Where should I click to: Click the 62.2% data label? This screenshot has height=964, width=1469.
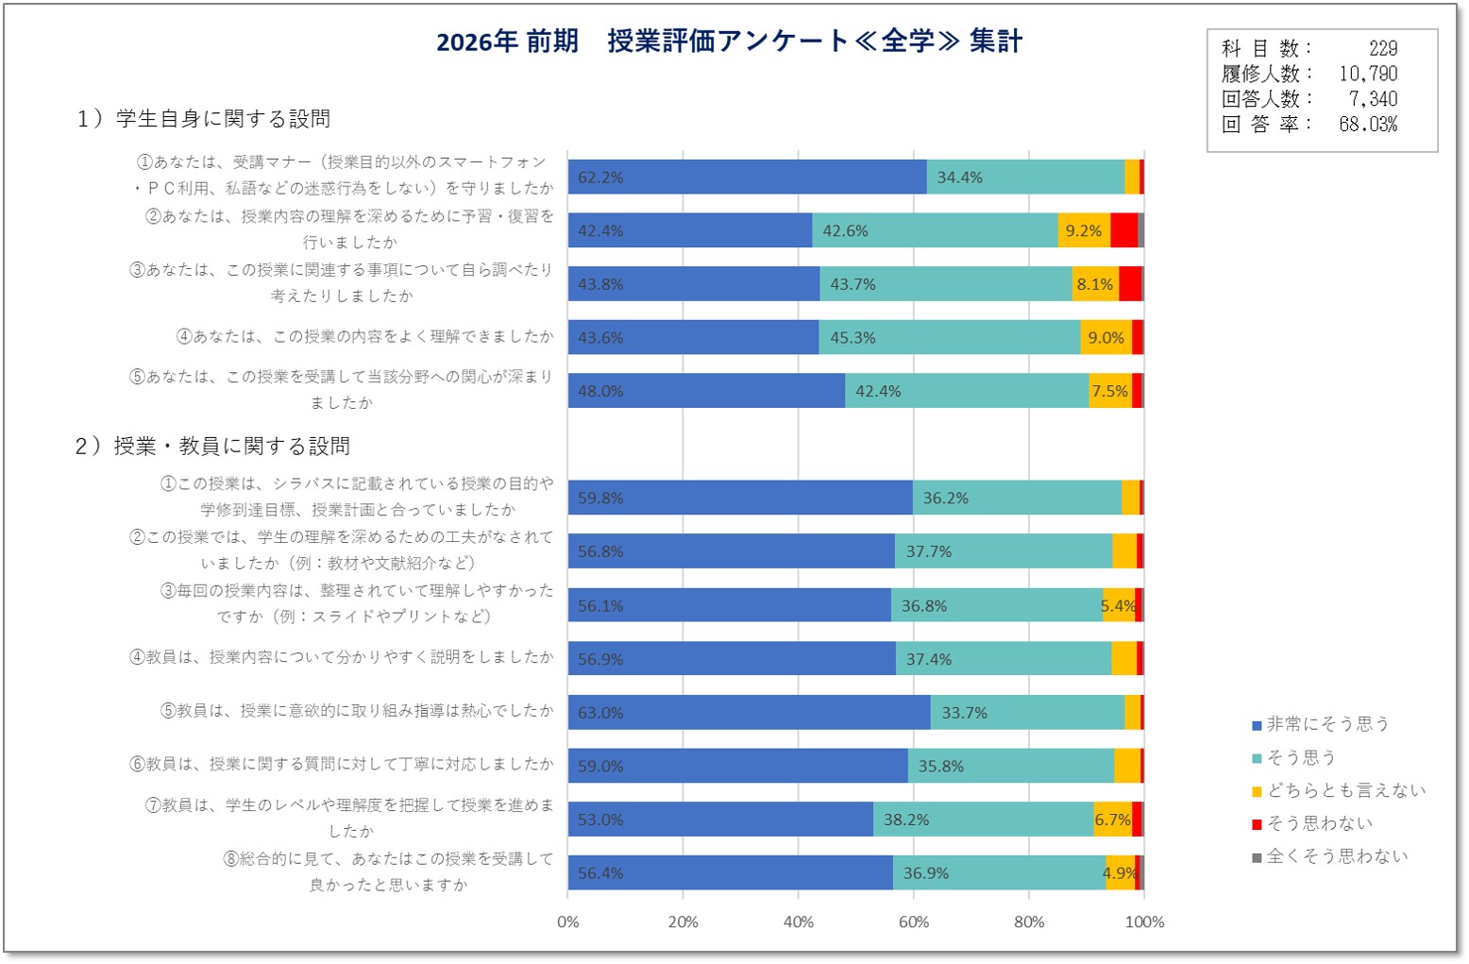(x=600, y=178)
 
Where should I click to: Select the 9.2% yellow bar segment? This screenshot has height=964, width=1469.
(x=1084, y=230)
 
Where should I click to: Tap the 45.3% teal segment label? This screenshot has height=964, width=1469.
(x=853, y=338)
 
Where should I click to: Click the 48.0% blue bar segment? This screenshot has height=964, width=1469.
(x=706, y=391)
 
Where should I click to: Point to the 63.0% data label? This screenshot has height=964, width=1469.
(x=600, y=713)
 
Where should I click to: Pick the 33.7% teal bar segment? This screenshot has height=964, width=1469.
(x=1028, y=712)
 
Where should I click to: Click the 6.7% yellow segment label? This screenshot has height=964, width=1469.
(x=1112, y=820)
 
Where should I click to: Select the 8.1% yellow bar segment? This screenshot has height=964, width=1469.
(x=1095, y=284)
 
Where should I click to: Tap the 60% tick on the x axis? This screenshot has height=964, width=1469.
(x=914, y=922)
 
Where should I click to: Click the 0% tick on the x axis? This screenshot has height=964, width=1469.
(x=568, y=922)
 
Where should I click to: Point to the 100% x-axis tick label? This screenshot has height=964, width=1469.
(x=1144, y=922)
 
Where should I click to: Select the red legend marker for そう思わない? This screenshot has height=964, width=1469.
(x=1257, y=824)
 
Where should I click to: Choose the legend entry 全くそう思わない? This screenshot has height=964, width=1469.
(x=1329, y=856)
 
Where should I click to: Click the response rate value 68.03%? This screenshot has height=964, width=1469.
(x=1368, y=124)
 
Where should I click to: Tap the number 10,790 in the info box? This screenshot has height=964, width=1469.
(x=1368, y=74)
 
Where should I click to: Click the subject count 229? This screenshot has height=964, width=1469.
(x=1383, y=48)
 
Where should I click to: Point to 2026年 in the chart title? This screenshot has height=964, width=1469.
(x=477, y=42)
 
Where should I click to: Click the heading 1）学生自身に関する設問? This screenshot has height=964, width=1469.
(x=203, y=119)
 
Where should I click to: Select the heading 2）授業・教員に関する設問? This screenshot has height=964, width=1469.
(x=212, y=446)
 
